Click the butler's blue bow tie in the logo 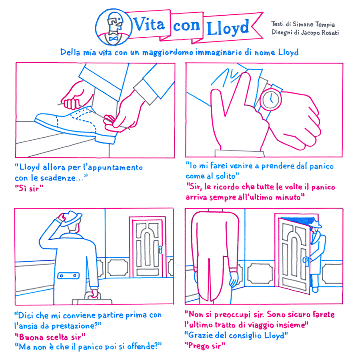click(x=113, y=38)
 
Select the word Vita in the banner click(x=149, y=24)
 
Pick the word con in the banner click(x=187, y=26)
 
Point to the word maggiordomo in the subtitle click(x=168, y=53)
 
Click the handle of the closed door click(x=160, y=249)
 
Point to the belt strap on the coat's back click(x=69, y=276)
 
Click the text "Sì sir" click(x=29, y=188)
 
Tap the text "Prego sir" click(x=205, y=346)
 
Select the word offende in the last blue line click(x=141, y=346)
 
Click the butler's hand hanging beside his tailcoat click(x=234, y=278)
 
